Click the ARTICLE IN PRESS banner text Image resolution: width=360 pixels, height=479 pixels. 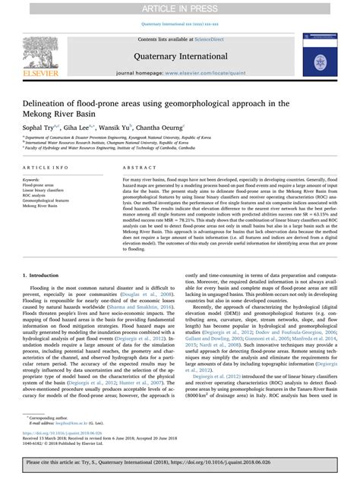point(179,7)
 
